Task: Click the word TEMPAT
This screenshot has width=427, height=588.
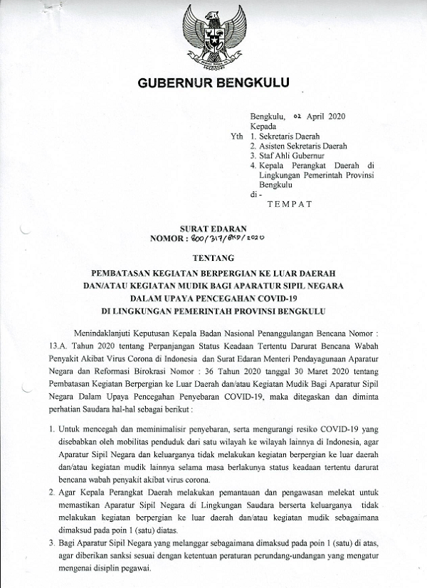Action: click(290, 204)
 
